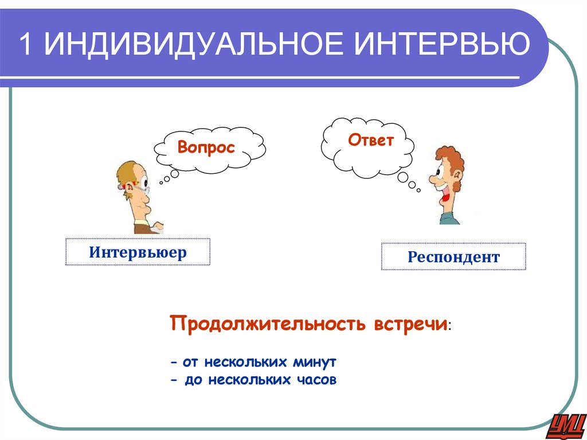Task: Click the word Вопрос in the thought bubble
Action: point(206,147)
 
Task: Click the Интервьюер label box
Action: point(138,252)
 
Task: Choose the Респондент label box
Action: point(453,256)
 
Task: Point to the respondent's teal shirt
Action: point(450,219)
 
